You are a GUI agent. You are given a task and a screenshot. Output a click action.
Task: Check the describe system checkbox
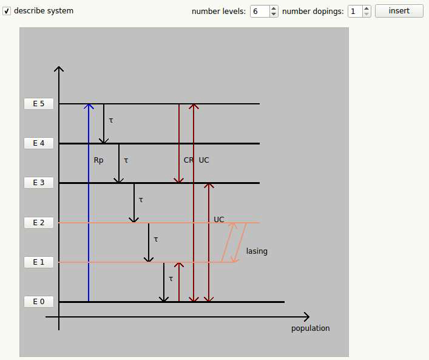pos(7,11)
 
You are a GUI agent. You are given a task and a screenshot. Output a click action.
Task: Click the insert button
pos(399,11)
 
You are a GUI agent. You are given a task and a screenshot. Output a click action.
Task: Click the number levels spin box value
pos(258,11)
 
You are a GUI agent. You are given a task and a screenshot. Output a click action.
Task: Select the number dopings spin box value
pos(354,11)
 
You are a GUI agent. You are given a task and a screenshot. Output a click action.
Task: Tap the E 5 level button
pos(39,104)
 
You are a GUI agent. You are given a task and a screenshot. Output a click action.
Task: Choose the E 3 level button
pos(39,183)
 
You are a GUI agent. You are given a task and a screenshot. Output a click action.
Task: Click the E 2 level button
pos(39,223)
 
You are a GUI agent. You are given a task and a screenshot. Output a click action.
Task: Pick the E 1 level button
pos(39,262)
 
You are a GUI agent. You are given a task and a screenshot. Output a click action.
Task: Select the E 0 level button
pos(39,302)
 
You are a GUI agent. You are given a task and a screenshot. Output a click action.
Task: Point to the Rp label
pos(98,161)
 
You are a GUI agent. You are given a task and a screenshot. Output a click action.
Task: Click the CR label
pos(188,160)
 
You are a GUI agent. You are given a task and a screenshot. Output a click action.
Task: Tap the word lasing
pos(257,251)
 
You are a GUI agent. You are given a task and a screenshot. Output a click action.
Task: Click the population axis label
pos(310,328)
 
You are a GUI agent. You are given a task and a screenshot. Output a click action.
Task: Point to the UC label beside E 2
pos(219,219)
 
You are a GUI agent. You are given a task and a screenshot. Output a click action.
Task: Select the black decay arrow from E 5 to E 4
pos(104,124)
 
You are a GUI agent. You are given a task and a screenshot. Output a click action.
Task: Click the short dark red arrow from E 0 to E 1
pos(179,282)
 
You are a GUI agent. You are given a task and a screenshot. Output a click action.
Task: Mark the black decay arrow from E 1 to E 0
pos(164,282)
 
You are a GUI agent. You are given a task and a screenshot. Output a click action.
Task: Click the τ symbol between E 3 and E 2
pos(141,200)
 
